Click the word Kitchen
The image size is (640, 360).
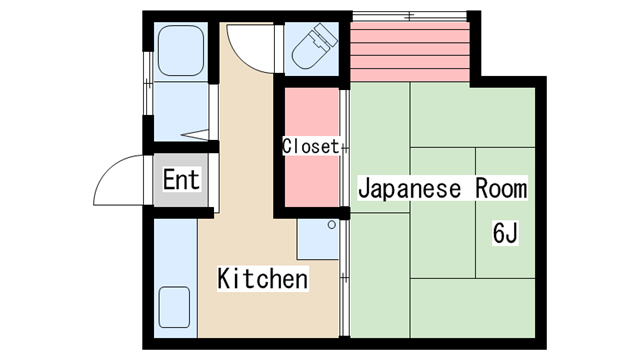262,279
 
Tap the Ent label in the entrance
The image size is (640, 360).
181,179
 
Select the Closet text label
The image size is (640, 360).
311,146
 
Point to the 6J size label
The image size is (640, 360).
505,233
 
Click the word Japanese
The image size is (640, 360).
409,189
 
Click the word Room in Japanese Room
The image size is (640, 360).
501,189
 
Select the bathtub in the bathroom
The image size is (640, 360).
180,51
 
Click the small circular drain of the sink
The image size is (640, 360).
332,224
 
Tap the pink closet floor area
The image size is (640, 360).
311,147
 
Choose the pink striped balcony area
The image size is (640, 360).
409,51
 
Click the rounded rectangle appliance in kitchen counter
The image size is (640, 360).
174,307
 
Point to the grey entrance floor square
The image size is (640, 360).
181,180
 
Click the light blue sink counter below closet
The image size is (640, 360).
318,239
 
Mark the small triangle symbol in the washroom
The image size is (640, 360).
195,134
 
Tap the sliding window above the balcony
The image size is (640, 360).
409,16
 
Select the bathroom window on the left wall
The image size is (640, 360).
148,83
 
